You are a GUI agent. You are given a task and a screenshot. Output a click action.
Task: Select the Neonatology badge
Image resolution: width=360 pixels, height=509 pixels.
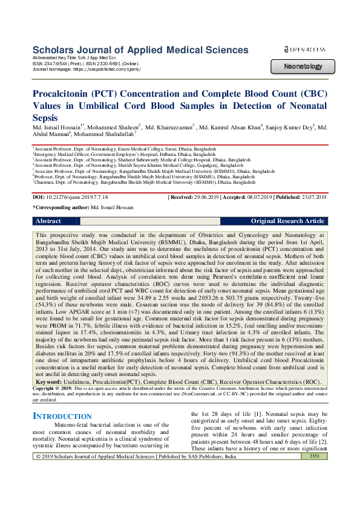[303, 66]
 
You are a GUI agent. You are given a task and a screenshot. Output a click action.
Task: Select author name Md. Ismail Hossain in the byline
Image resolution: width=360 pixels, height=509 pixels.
[57, 128]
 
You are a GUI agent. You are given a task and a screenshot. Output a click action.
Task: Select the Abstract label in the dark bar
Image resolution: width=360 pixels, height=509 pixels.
[48, 221]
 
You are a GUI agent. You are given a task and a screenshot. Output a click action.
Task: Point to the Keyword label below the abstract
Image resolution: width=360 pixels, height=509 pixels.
[48, 349]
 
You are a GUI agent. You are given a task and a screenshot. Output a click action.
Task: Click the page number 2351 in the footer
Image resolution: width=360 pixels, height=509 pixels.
[314, 490]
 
